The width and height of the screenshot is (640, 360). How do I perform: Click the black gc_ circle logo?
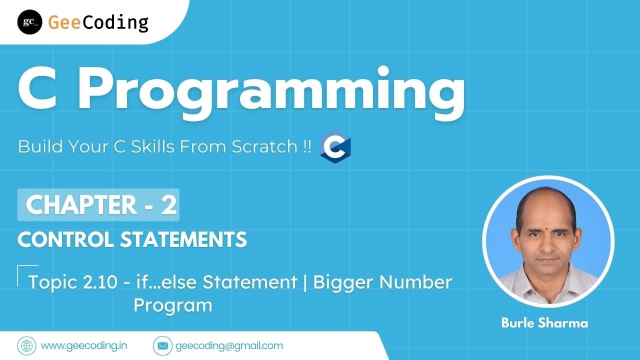29,22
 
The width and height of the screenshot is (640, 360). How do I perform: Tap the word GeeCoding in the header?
98,22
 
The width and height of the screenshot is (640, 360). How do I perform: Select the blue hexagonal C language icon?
335,147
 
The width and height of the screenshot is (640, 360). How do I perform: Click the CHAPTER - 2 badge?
98,205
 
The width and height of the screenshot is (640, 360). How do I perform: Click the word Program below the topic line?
172,305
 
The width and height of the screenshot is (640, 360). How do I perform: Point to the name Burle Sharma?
544,323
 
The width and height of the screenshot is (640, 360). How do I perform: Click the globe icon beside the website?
26,345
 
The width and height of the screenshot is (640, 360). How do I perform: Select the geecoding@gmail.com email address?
229,345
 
